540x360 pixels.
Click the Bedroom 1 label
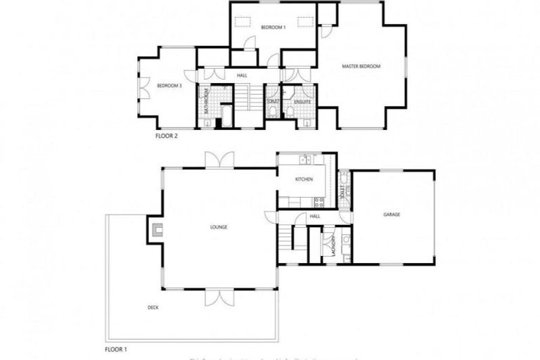[x=273, y=27]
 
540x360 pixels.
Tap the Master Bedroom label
[x=361, y=67]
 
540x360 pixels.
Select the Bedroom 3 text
[x=169, y=86]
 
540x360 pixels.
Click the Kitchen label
[x=304, y=180]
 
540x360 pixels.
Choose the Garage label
[x=392, y=214]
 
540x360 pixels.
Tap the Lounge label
[x=218, y=227]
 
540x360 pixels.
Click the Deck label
[x=153, y=307]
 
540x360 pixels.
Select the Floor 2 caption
[x=166, y=136]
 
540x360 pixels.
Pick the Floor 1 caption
[x=116, y=349]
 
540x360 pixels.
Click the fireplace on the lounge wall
[x=156, y=228]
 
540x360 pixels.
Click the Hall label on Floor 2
[x=242, y=75]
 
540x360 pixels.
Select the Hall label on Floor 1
[x=315, y=217]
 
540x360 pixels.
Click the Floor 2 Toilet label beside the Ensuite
[x=273, y=102]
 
